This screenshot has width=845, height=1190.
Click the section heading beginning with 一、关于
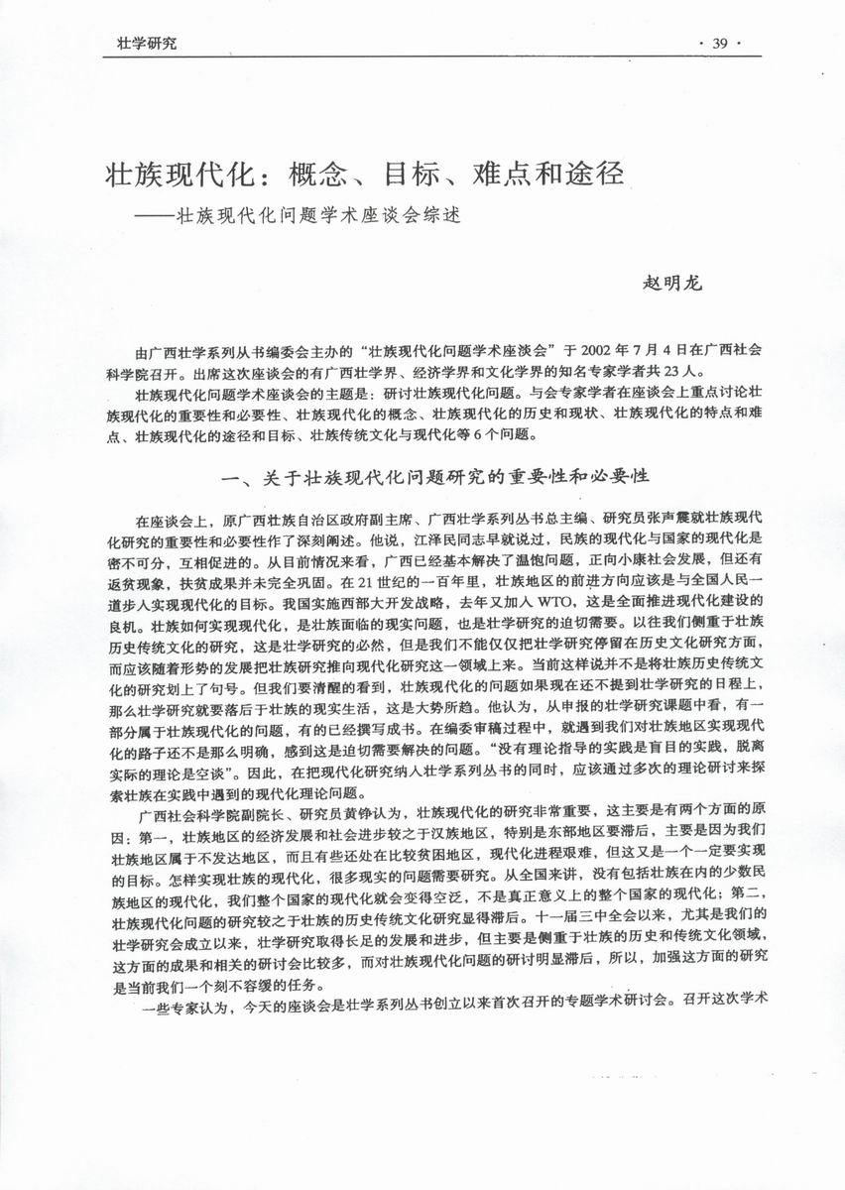coord(436,477)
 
